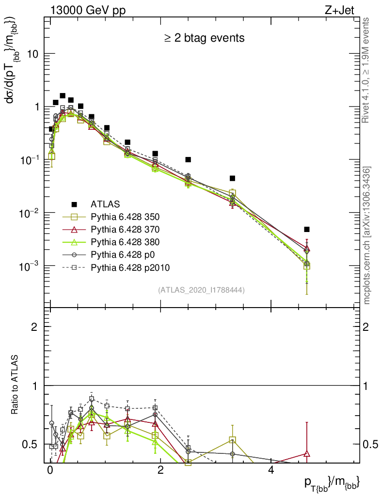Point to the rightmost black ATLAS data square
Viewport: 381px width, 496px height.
pyautogui.click(x=306, y=229)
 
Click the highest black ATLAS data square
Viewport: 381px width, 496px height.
pyautogui.click(x=63, y=96)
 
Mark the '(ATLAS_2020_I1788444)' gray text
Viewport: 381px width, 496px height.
pyautogui.click(x=201, y=290)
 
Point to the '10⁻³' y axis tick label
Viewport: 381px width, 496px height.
pyautogui.click(x=30, y=266)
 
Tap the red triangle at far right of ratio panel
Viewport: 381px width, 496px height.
pyautogui.click(x=306, y=454)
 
